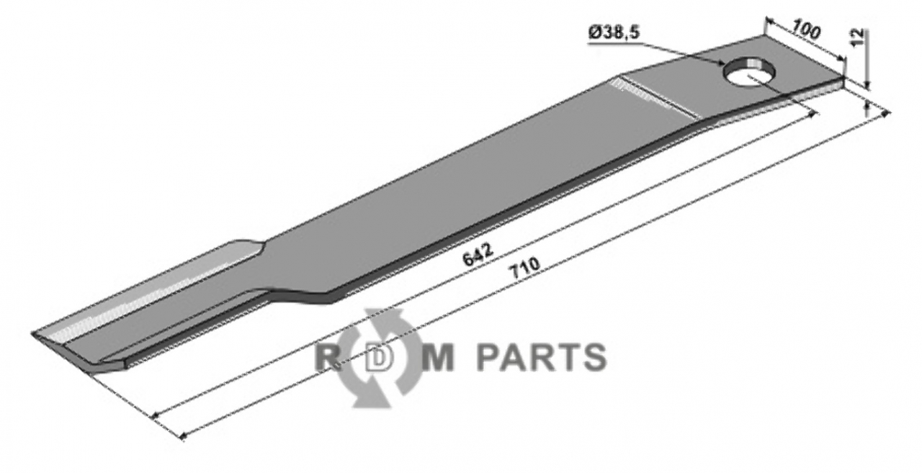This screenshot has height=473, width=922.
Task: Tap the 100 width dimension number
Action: (806, 30)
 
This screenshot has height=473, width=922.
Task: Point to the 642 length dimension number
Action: (478, 256)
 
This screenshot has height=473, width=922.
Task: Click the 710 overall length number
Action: (524, 269)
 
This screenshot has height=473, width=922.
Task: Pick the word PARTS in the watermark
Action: (541, 357)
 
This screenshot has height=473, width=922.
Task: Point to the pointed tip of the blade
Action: (34, 333)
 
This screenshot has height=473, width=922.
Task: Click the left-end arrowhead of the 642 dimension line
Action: (155, 416)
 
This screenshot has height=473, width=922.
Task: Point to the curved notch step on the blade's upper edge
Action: (251, 246)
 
